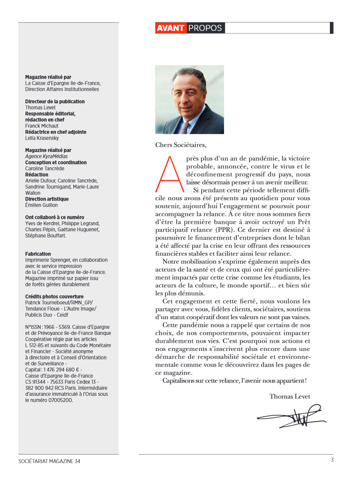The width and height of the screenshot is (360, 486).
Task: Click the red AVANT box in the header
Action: click(170, 28)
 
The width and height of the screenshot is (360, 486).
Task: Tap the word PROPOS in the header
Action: click(205, 28)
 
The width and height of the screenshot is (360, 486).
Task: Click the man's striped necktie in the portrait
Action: click(186, 127)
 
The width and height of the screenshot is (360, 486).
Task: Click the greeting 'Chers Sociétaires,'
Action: click(181, 145)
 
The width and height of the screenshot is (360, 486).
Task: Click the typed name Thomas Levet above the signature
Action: click(290, 396)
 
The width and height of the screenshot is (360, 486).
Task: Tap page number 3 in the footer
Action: click(332, 460)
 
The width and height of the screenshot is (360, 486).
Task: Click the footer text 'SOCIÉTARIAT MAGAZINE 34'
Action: click(49, 461)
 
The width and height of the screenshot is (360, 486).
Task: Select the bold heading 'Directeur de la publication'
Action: click(55, 102)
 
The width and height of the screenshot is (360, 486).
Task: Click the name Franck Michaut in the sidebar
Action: click(42, 126)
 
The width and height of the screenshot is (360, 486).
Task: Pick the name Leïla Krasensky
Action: click(42, 138)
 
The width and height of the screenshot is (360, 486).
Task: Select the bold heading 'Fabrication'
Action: click(38, 254)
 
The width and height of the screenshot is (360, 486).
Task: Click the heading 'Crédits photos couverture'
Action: click(54, 297)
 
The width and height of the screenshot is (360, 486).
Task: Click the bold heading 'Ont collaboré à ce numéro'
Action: click(55, 217)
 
